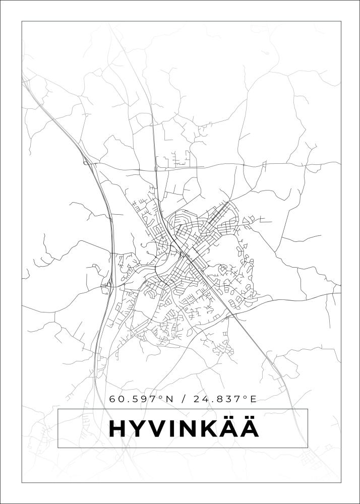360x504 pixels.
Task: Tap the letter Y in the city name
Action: pyautogui.click(x=138, y=429)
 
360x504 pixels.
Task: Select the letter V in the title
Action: pyautogui.click(x=158, y=429)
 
